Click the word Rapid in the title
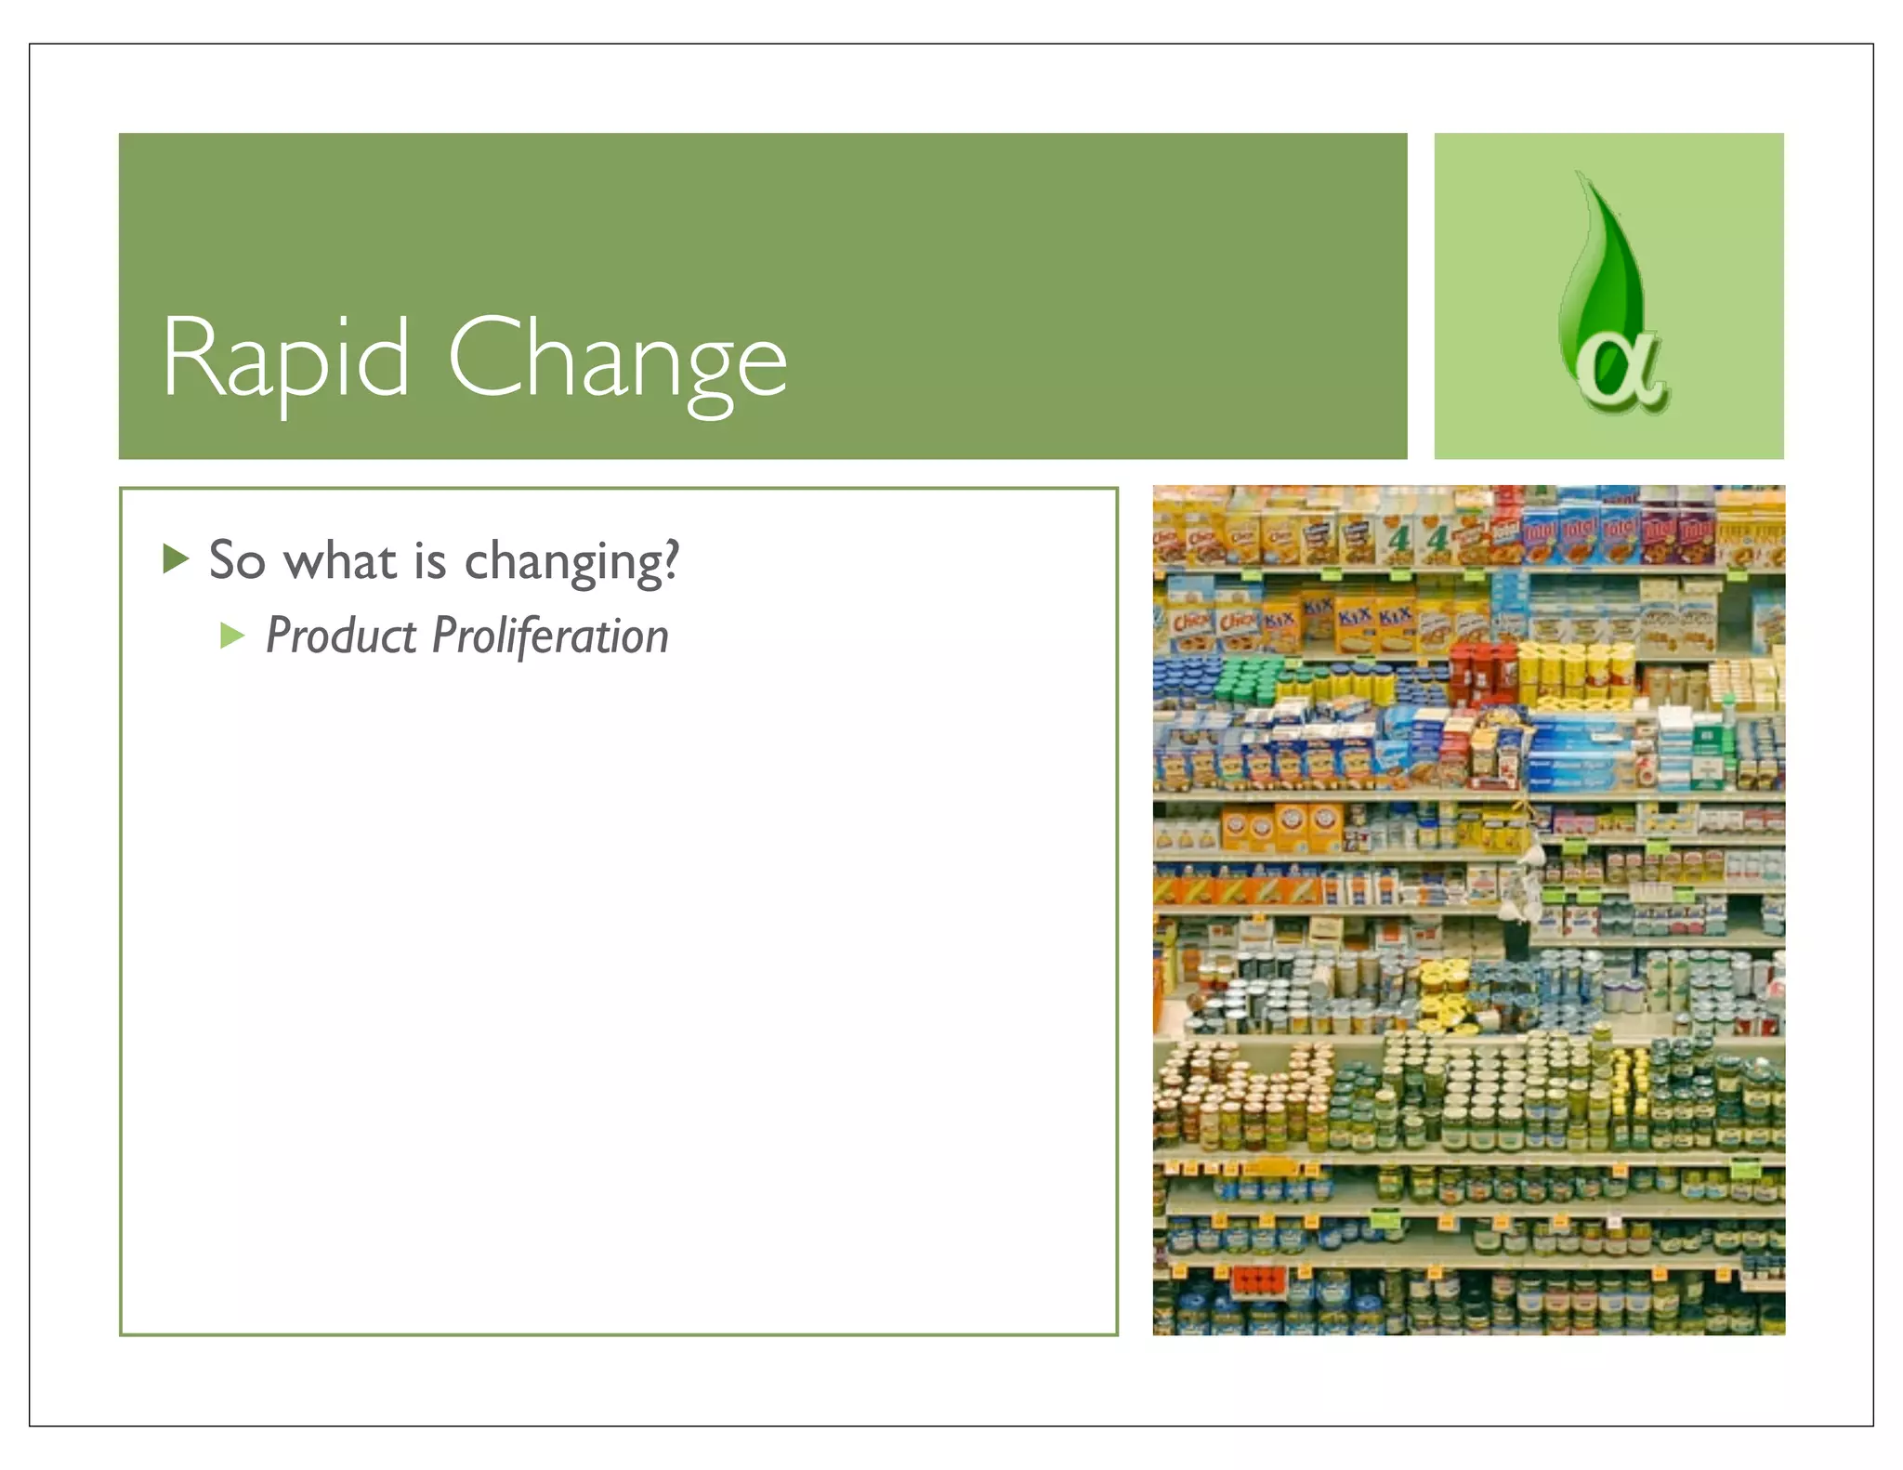click(x=284, y=359)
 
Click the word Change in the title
click(x=617, y=359)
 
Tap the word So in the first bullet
click(x=237, y=560)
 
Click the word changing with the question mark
click(x=571, y=562)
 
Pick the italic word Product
click(x=341, y=637)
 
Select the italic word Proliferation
click(x=550, y=637)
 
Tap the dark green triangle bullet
click(x=175, y=558)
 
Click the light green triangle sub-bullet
click(x=231, y=636)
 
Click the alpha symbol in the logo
click(x=1621, y=368)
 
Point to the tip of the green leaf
click(x=1580, y=177)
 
